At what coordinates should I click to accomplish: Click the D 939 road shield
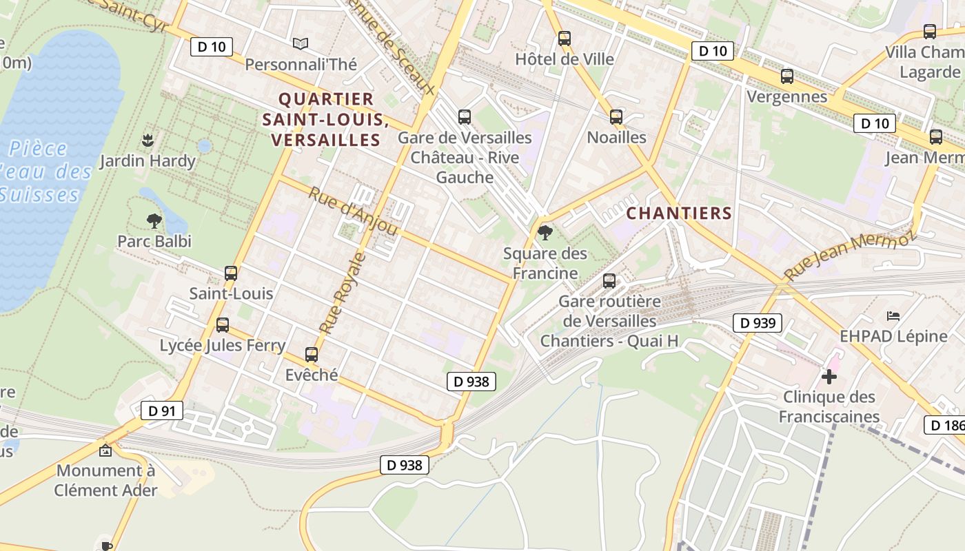(758, 322)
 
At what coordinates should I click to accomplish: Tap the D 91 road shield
(162, 411)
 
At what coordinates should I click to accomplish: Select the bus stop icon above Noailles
(616, 117)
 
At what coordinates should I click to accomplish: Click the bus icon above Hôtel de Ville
(565, 39)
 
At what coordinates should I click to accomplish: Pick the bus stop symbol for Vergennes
(787, 76)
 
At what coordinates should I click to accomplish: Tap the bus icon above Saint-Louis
(231, 273)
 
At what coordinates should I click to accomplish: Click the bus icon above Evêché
(312, 355)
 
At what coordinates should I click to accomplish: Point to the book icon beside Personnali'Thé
(301, 44)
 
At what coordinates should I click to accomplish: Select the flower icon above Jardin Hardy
(147, 141)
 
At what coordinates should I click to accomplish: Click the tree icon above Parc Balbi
(154, 221)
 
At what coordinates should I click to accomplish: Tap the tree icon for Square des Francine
(545, 233)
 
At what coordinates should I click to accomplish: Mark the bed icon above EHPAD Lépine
(893, 316)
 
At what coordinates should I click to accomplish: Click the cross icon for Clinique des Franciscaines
(829, 377)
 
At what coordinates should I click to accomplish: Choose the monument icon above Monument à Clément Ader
(105, 451)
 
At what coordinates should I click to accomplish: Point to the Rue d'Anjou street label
(353, 211)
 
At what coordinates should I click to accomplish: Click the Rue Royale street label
(343, 293)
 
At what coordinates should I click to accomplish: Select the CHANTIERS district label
(679, 214)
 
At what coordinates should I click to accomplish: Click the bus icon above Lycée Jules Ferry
(222, 325)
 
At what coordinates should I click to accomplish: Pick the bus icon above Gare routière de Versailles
(609, 281)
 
